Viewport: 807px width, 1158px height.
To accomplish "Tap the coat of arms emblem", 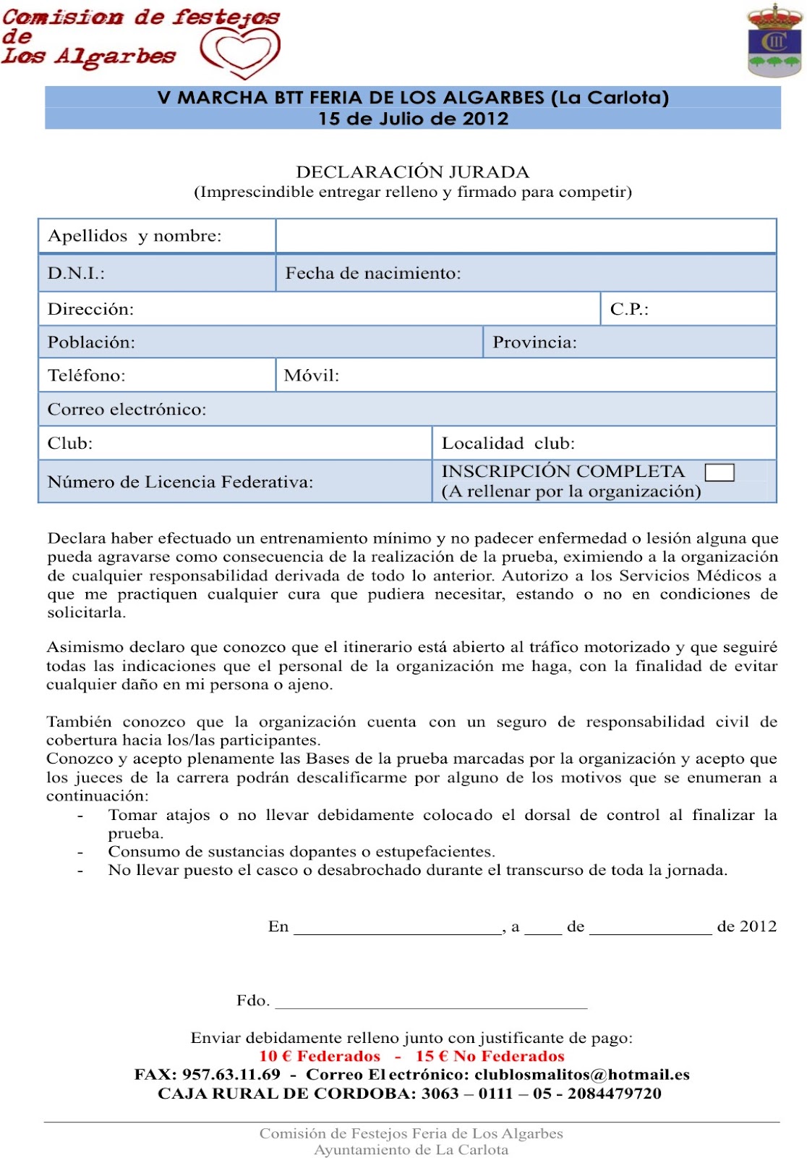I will [x=774, y=41].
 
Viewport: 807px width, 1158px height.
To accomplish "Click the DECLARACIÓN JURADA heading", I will [x=412, y=172].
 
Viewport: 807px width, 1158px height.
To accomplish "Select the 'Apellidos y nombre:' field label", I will [x=134, y=236].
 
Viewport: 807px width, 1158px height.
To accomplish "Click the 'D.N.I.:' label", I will [x=76, y=274].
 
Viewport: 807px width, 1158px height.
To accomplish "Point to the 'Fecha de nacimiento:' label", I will [x=372, y=274].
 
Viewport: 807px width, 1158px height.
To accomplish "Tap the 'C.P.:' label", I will [x=629, y=310].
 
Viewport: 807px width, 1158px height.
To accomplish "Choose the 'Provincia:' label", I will [x=534, y=342].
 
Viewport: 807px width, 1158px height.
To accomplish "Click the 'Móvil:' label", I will [x=311, y=376].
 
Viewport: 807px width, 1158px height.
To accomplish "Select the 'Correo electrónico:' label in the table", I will [x=127, y=410].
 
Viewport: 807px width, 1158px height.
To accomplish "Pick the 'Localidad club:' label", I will [x=508, y=444].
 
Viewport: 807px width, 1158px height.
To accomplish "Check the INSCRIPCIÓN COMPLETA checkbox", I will [x=719, y=473].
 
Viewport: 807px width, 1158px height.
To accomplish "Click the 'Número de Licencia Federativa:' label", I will [x=180, y=482].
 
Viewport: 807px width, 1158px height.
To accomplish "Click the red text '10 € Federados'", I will [x=320, y=1056].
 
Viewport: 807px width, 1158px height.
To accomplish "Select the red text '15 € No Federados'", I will [x=490, y=1056].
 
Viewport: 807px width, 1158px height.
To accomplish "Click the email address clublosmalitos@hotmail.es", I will [x=582, y=1075].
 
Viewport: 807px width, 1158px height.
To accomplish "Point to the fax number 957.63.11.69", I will [x=231, y=1075].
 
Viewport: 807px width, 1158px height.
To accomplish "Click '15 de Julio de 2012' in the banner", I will [x=413, y=119].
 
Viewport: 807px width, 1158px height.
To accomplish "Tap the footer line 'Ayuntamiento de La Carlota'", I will [x=411, y=1149].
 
